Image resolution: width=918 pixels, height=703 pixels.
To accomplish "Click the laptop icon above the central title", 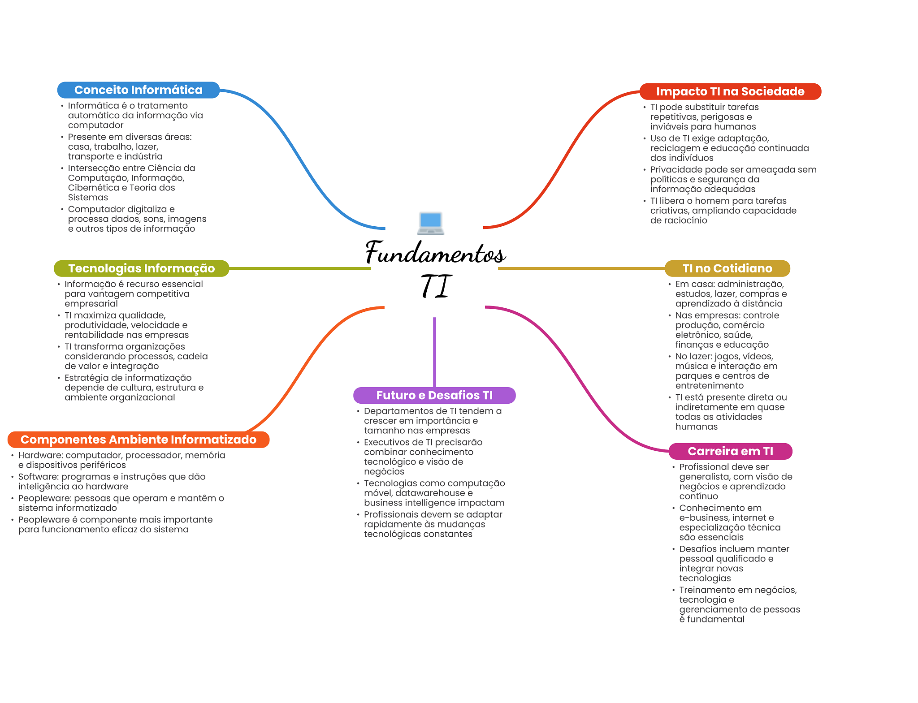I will pyautogui.click(x=430, y=223).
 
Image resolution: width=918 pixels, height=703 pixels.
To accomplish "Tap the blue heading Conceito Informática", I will pyautogui.click(x=138, y=90).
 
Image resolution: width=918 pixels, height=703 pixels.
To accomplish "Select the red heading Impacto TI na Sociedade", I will pyautogui.click(x=730, y=91).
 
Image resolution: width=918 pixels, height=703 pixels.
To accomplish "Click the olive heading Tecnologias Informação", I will pyautogui.click(x=141, y=268).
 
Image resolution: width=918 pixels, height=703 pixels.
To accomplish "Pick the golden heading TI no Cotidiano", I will pyautogui.click(x=727, y=268).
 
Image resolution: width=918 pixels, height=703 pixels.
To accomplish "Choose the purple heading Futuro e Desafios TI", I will pyautogui.click(x=434, y=395).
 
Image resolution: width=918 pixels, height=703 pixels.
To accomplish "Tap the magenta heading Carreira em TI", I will pyautogui.click(x=730, y=451).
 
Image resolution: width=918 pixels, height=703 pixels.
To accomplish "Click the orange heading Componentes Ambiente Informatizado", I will pyautogui.click(x=138, y=440).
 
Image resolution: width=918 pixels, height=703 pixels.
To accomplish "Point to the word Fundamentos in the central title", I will pyautogui.click(x=435, y=253).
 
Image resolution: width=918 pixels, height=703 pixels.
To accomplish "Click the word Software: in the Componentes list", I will pyautogui.click(x=38, y=477).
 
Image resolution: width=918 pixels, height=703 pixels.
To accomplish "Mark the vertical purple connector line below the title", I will pyautogui.click(x=434, y=352).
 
